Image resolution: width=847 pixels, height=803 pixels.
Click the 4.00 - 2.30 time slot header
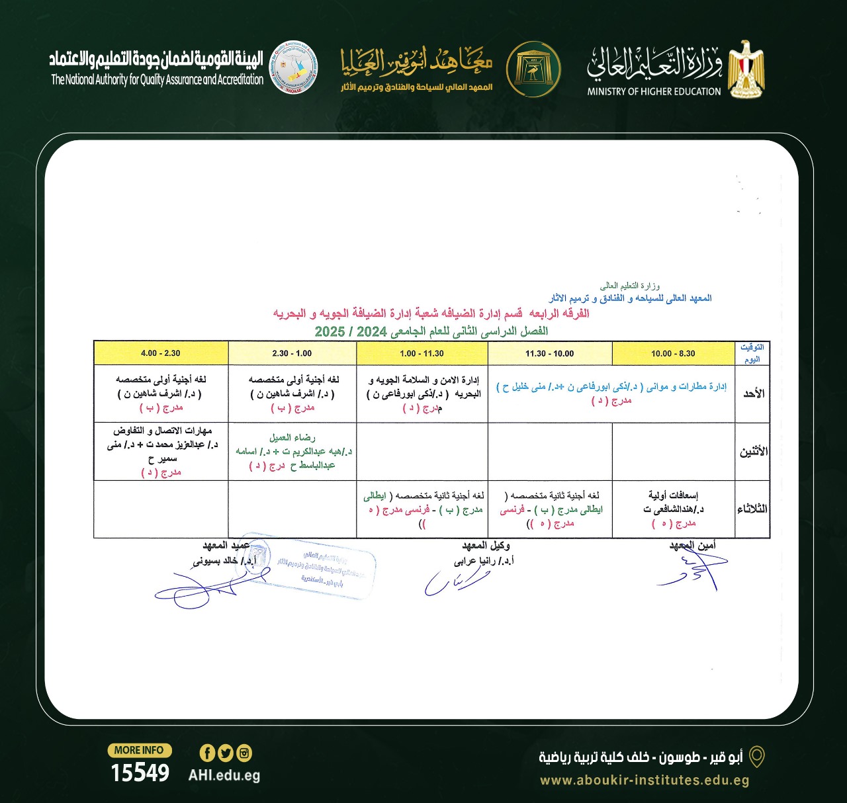[x=161, y=353]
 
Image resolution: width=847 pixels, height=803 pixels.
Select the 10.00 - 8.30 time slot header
[x=673, y=353]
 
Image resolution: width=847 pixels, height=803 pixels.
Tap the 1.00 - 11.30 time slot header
[x=422, y=353]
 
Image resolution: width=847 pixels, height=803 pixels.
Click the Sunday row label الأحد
[x=753, y=394]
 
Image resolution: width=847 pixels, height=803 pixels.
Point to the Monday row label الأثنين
[x=753, y=452]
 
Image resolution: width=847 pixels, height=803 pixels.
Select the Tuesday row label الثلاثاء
[x=752, y=509]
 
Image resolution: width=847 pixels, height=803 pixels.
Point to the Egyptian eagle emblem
[x=746, y=69]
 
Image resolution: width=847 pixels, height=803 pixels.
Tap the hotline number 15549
[x=140, y=773]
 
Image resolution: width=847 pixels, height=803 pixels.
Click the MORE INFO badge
[x=139, y=750]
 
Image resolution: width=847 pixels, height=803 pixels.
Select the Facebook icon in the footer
[x=207, y=753]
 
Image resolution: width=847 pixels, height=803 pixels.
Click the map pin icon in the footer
[x=756, y=757]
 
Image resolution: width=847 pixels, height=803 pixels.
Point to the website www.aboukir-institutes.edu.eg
[x=645, y=781]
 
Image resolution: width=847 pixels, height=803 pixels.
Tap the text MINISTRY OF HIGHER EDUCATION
[x=654, y=92]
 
